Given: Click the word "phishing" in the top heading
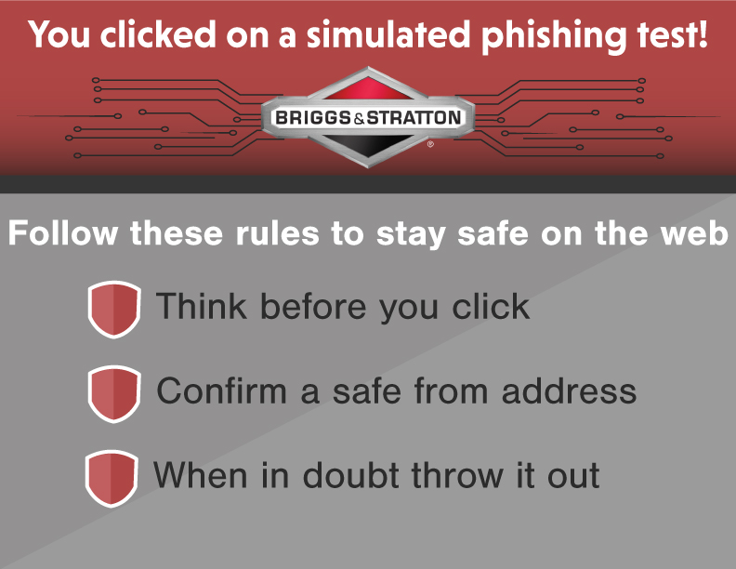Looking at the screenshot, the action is click(x=555, y=36).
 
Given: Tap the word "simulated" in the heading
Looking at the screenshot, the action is click(x=388, y=34).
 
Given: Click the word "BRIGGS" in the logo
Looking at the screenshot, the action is click(x=313, y=117).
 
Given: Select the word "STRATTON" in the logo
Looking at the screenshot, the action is click(x=414, y=117).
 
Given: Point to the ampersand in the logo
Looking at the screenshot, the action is click(x=359, y=119).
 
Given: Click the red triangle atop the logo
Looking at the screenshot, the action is click(x=369, y=88).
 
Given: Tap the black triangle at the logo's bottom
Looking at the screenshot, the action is click(x=369, y=147).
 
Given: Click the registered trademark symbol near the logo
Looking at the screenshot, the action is click(x=430, y=144).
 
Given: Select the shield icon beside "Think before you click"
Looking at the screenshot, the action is click(x=114, y=310).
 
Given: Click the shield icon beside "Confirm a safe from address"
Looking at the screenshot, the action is click(x=114, y=394).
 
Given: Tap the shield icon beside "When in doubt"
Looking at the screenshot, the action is click(x=112, y=479).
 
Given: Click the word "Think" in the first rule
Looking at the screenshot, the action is click(x=202, y=306).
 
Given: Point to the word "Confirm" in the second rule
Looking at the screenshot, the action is click(x=221, y=390).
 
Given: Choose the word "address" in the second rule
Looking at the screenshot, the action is click(x=569, y=390).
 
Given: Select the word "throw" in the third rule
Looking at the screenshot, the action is click(x=458, y=475).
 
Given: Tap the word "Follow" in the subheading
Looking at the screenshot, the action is click(x=63, y=232).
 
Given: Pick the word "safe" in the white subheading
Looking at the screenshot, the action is click(x=493, y=232).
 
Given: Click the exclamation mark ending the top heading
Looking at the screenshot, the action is click(x=703, y=33).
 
